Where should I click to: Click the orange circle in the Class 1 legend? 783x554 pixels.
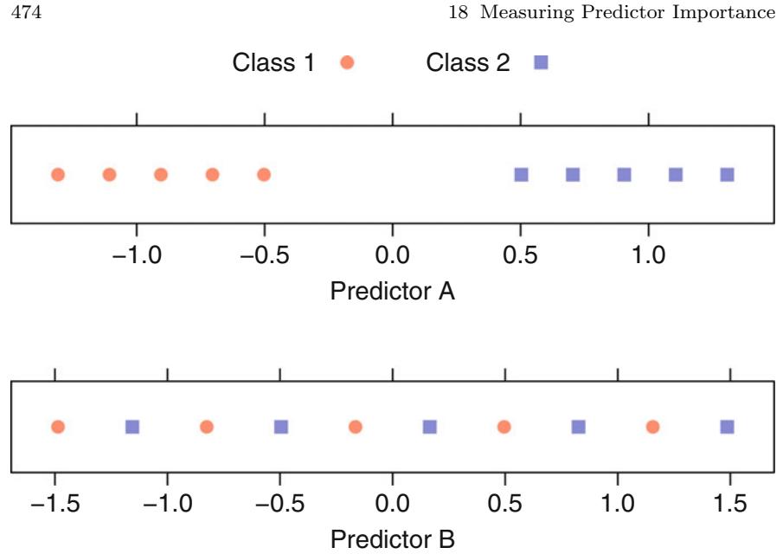tap(347, 62)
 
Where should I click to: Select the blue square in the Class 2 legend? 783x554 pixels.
tap(541, 62)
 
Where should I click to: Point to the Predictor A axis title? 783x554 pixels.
tap(392, 291)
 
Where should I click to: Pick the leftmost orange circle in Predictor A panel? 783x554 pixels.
tap(58, 175)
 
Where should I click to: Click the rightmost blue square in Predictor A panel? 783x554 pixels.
tap(727, 175)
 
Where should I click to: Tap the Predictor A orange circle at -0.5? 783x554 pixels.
tap(264, 175)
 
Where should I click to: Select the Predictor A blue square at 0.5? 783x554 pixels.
tap(521, 175)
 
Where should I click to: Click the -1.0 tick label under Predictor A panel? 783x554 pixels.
tap(136, 255)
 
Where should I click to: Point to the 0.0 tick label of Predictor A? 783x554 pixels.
tap(393, 255)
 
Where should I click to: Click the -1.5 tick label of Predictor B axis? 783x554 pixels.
tap(55, 504)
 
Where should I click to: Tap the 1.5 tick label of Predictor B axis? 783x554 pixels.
tap(730, 504)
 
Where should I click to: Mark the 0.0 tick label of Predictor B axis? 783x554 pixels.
tap(393, 504)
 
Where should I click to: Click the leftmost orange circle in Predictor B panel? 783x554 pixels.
tap(58, 427)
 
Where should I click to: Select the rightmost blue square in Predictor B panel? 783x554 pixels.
tap(727, 427)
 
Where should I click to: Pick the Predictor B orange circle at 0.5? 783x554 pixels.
tap(504, 427)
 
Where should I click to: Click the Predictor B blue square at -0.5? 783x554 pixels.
tap(280, 427)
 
